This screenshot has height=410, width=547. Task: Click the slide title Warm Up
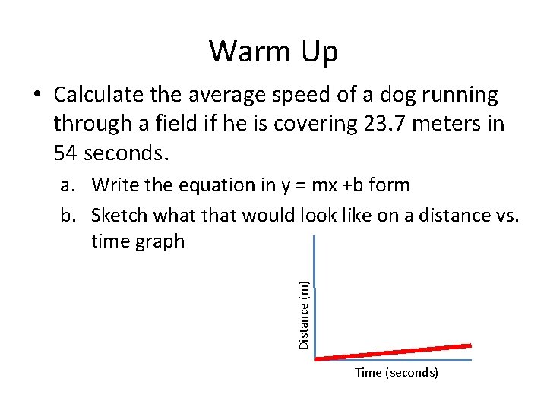[273, 52]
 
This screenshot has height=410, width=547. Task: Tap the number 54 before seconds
[67, 153]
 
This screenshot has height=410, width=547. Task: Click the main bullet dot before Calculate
[36, 96]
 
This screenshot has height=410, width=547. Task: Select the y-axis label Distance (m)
[303, 314]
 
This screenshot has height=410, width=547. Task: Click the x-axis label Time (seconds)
[397, 373]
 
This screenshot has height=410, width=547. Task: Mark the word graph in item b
[159, 242]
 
